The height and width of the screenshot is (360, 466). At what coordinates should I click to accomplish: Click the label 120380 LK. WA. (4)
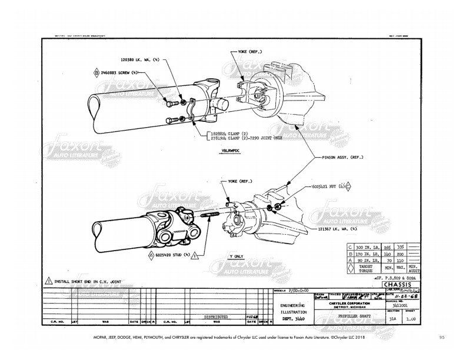coord(140,59)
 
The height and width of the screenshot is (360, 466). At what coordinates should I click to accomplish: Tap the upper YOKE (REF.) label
coord(251,52)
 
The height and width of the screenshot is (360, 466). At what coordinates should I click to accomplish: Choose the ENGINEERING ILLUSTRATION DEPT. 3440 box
coord(292,311)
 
